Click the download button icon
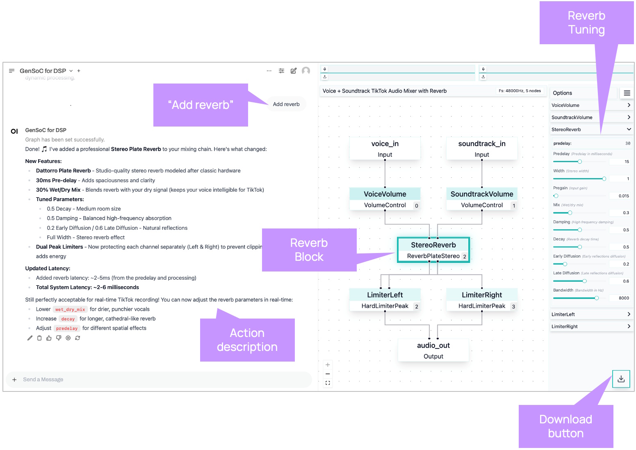(x=621, y=379)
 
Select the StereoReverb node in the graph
(x=433, y=250)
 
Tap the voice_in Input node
(x=385, y=149)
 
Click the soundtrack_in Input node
(x=481, y=149)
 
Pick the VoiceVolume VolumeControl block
(x=385, y=199)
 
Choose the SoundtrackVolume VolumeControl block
(x=481, y=199)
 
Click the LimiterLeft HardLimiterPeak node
(x=385, y=300)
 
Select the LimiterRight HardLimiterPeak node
(x=481, y=300)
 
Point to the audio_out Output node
(x=433, y=351)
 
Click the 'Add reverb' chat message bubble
(x=286, y=104)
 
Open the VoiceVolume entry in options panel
(x=590, y=105)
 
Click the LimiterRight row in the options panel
(x=590, y=326)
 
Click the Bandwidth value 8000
(x=623, y=298)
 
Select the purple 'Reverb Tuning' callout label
(x=586, y=23)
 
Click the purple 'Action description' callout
(x=247, y=340)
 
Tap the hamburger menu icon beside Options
(x=627, y=93)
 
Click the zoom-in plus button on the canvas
(x=328, y=365)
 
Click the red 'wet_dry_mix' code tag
(x=70, y=310)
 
